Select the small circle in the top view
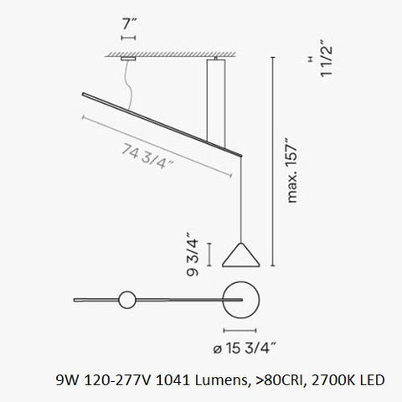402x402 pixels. point(126,297)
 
